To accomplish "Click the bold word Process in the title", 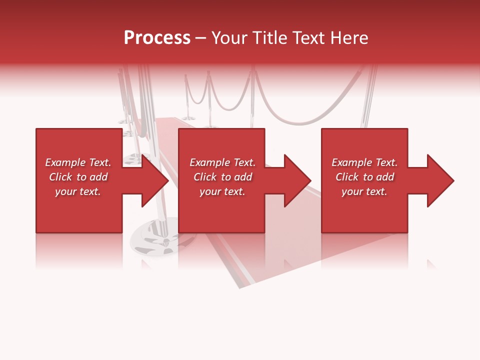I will coord(157,38).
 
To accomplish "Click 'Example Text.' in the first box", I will coord(78,162).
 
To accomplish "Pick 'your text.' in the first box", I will coord(78,191).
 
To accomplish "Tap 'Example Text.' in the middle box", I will coord(222,162).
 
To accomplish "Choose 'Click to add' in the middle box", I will coord(222,177).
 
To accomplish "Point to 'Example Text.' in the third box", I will coord(364,162).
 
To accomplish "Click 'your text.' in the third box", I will coord(364,191).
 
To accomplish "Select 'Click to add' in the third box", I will coord(364,177).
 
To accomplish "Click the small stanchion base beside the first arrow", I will coord(133,159).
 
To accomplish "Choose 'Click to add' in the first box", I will coord(78,177).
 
